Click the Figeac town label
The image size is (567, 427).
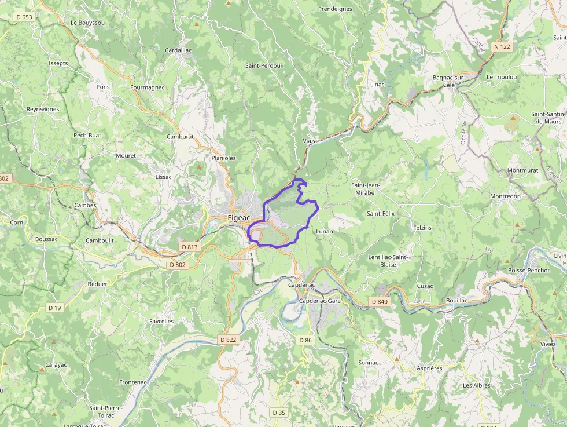point(239,218)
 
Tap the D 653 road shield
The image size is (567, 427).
point(24,17)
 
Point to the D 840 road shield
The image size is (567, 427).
point(380,301)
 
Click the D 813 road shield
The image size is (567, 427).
point(189,247)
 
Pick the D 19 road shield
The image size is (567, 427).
point(54,308)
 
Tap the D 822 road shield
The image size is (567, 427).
point(229,340)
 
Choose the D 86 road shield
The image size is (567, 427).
point(304,340)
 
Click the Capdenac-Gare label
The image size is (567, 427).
point(320,301)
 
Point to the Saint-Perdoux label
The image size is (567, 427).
point(264,65)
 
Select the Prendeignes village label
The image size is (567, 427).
point(335,9)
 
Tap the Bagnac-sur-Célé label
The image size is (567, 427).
point(450,81)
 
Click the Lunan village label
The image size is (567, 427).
point(325,231)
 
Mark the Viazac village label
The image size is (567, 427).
point(311,141)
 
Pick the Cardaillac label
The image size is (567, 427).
point(178,50)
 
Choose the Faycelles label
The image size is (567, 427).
point(161,321)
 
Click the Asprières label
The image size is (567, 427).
point(429,368)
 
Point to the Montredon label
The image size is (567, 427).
point(505,196)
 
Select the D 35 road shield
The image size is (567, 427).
point(278,413)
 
